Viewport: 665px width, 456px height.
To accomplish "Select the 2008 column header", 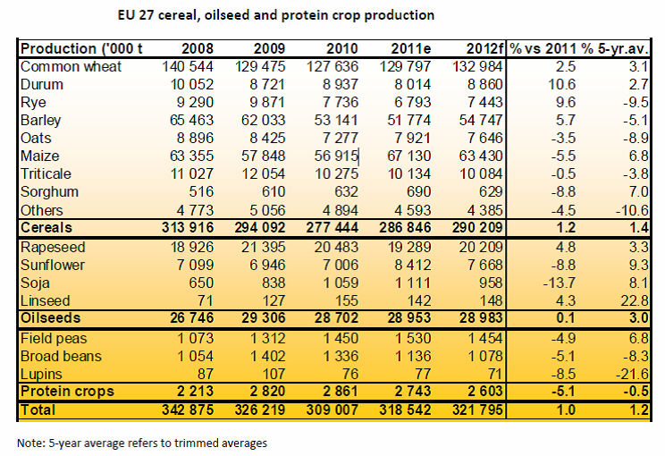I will click(x=198, y=48).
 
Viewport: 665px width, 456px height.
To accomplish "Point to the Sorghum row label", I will click(x=49, y=191).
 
